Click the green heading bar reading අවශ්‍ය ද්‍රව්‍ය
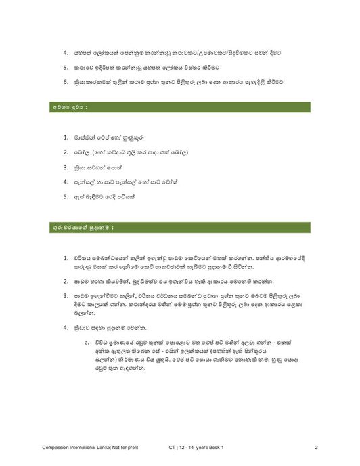179,107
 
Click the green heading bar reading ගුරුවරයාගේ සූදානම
179,227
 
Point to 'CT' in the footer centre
173,448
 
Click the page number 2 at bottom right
316,448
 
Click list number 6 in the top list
66,82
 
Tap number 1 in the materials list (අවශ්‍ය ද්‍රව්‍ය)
66,137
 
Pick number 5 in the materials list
66,196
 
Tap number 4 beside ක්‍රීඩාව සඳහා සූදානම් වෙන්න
66,327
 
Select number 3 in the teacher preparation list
66,296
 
